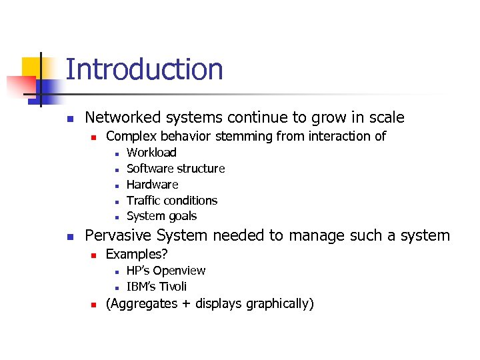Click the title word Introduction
pyautogui.click(x=144, y=70)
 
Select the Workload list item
pyautogui.click(x=151, y=153)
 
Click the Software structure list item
pyautogui.click(x=175, y=169)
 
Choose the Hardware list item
pyautogui.click(x=152, y=185)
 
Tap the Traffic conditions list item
pyautogui.click(x=171, y=201)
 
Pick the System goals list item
pyautogui.click(x=161, y=216)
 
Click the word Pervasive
pyautogui.click(x=119, y=236)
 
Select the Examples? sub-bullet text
pyautogui.click(x=137, y=255)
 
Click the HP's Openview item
pyautogui.click(x=165, y=271)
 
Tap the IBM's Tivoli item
pyautogui.click(x=156, y=287)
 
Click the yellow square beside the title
pyautogui.click(x=33, y=68)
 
